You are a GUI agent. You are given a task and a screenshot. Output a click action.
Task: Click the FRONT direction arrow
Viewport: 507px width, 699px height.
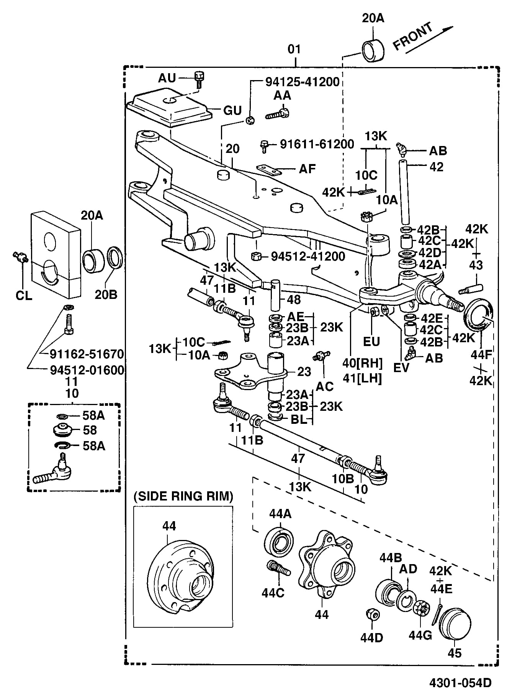click(x=429, y=39)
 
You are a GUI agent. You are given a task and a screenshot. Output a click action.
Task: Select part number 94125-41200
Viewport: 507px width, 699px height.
click(x=302, y=82)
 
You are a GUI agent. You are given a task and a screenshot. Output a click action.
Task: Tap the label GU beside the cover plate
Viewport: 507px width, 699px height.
click(x=232, y=111)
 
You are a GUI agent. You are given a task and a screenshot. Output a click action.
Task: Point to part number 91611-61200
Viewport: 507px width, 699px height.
click(x=317, y=144)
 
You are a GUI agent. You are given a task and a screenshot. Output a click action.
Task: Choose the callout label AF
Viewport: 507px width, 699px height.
click(x=307, y=169)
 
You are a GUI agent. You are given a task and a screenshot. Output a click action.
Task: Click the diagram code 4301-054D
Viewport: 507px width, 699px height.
click(x=460, y=683)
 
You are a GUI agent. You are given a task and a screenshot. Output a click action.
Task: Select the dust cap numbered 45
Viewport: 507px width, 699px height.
click(x=455, y=624)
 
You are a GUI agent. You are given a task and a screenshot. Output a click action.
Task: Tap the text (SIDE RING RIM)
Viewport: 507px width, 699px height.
click(x=183, y=496)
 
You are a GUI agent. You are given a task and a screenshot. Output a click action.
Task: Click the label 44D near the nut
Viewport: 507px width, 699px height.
click(x=371, y=638)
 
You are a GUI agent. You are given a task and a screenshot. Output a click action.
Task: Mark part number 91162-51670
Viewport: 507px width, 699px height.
click(x=87, y=354)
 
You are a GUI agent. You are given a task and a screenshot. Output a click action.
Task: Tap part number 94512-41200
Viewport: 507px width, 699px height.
click(x=308, y=256)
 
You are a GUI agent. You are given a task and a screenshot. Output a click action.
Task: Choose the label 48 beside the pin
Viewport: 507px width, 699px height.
click(x=294, y=300)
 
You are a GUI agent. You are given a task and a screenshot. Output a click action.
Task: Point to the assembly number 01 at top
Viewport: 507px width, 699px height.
click(x=294, y=49)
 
